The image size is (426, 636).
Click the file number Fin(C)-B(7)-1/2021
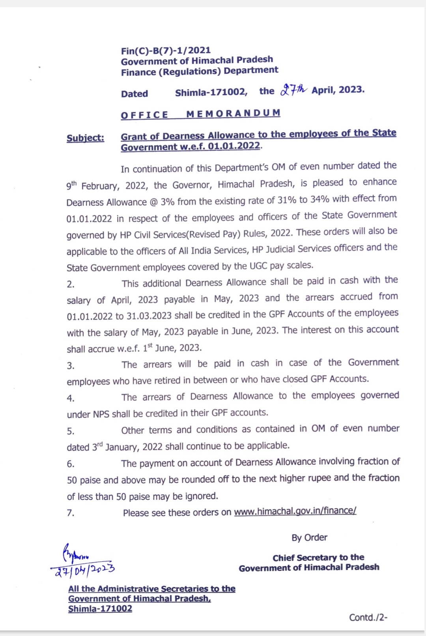click(x=166, y=51)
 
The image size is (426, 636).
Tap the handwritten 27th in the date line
click(x=293, y=90)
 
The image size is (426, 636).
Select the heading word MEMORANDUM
click(x=233, y=114)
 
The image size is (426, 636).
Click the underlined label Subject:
click(x=86, y=138)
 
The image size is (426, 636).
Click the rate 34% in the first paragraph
click(x=319, y=199)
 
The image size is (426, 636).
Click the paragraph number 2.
click(x=71, y=284)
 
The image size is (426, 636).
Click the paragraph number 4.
click(x=71, y=398)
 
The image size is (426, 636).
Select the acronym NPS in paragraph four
click(x=101, y=414)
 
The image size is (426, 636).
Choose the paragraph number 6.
click(x=71, y=464)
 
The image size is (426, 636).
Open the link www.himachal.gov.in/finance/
click(x=295, y=511)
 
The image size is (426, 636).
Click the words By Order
click(x=309, y=538)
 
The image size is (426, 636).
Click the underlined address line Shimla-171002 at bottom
click(x=100, y=609)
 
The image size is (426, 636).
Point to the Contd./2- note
click(x=368, y=617)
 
